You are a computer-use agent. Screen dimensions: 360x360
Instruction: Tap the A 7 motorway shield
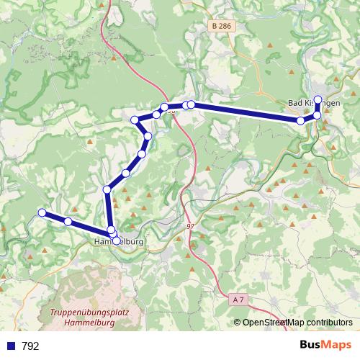click(239, 298)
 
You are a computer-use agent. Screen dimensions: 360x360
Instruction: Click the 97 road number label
click(190, 227)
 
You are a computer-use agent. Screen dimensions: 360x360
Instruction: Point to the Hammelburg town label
click(120, 242)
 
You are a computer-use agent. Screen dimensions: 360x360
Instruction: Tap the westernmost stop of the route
click(42, 212)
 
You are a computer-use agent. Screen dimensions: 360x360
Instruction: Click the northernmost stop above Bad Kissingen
click(318, 99)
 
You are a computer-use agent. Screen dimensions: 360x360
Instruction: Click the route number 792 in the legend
click(30, 346)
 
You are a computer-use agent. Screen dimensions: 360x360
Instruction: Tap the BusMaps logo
click(325, 345)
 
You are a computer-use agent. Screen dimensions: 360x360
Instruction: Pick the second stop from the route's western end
click(68, 222)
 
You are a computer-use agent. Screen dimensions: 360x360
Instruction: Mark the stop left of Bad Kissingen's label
click(301, 121)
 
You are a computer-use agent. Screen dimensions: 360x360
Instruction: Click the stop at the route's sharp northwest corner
click(135, 120)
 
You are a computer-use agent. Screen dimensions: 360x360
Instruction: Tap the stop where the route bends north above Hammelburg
click(107, 189)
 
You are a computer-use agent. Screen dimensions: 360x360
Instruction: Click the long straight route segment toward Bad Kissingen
click(245, 112)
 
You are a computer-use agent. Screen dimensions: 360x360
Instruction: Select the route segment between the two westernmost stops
click(55, 217)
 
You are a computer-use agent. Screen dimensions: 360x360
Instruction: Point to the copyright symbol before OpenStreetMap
click(238, 323)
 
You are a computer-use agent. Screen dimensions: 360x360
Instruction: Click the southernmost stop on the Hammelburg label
click(116, 239)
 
